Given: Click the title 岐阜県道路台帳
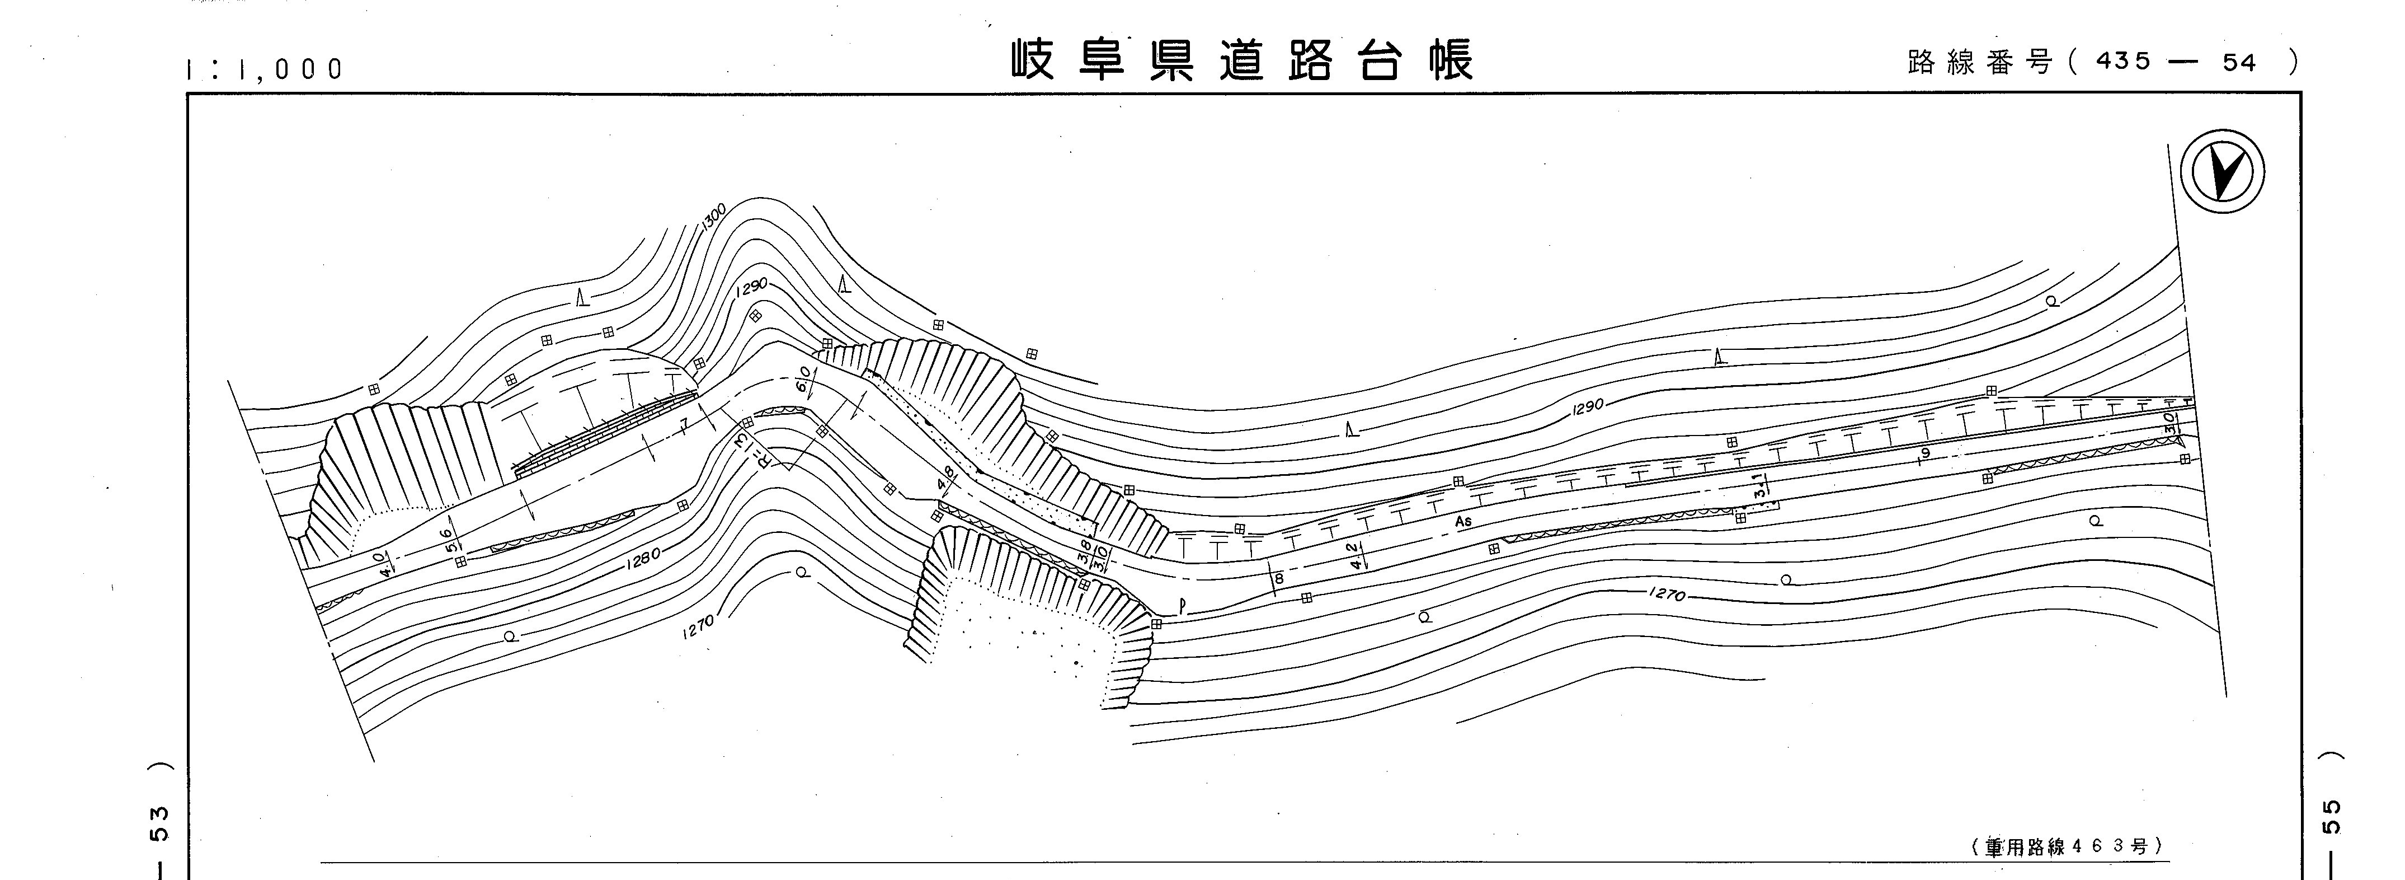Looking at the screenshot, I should tap(1242, 62).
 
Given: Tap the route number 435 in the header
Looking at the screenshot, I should tap(2123, 62).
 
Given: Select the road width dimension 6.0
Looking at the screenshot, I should tap(802, 378).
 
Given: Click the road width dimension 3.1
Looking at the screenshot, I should tap(1758, 485).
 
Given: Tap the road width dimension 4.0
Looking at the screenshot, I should tap(380, 563).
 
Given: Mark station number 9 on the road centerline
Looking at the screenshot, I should tap(1925, 454).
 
